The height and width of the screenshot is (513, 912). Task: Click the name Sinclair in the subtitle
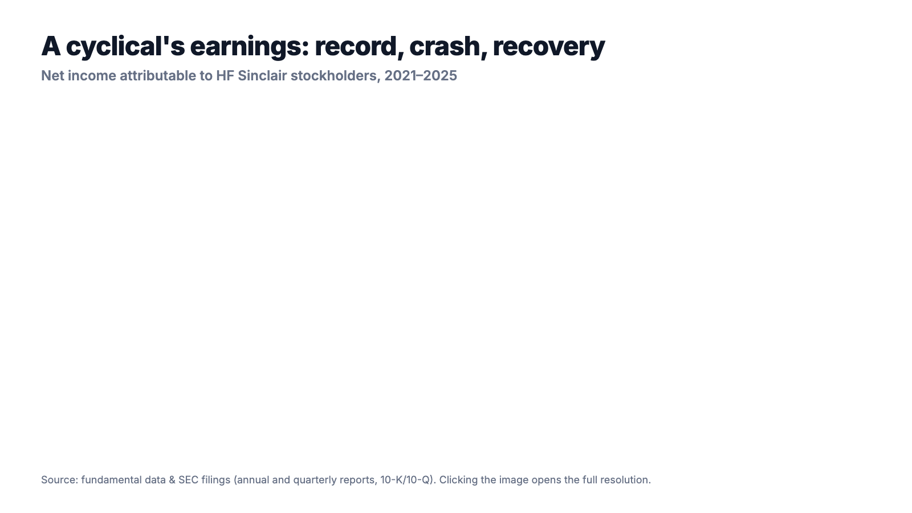click(262, 76)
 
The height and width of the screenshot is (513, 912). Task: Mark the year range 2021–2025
click(421, 76)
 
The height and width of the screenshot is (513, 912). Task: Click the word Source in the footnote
click(59, 480)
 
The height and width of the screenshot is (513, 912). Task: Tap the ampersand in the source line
click(172, 480)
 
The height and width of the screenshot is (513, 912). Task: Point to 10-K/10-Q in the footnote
click(405, 480)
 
